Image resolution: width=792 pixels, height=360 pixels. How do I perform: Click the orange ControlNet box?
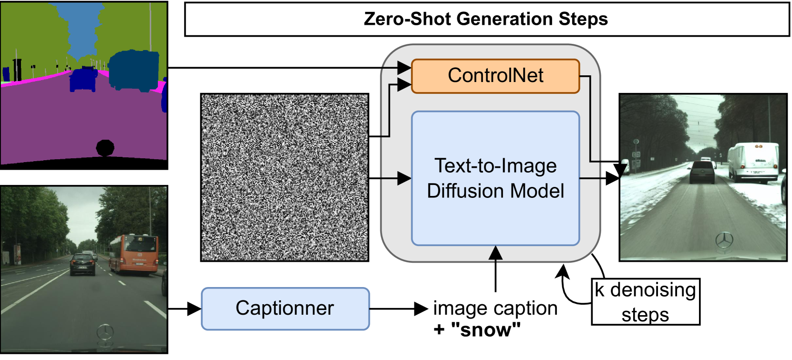[x=495, y=76]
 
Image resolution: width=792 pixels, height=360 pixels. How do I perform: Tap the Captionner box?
[x=285, y=309]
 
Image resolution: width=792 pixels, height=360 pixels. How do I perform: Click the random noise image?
[x=284, y=177]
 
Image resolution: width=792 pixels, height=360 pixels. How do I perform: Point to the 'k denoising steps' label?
[x=645, y=302]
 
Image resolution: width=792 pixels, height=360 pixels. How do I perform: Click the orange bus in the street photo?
[x=134, y=254]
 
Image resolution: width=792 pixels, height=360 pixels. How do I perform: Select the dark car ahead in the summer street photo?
[x=82, y=264]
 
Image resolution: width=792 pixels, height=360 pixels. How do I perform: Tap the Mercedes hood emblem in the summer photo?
[x=105, y=331]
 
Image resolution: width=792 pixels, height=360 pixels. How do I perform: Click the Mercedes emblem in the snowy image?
[x=724, y=240]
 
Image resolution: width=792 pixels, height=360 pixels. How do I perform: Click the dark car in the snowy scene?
[x=702, y=172]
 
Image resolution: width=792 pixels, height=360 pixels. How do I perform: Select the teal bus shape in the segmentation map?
[x=134, y=70]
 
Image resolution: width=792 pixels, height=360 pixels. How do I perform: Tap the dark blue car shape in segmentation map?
[x=83, y=79]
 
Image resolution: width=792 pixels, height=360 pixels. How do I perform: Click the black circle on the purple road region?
[x=105, y=147]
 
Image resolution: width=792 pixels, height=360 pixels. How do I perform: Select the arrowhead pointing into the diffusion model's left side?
[x=404, y=178]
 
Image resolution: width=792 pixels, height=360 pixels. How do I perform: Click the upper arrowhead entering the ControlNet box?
[x=404, y=67]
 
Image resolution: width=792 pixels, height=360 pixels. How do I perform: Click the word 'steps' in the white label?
[x=645, y=315]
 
